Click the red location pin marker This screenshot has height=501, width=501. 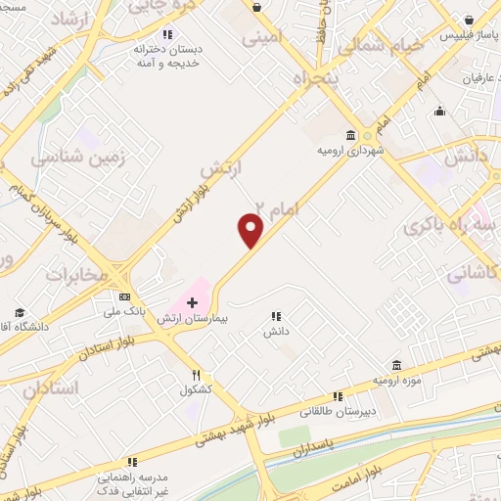pyautogui.click(x=251, y=230)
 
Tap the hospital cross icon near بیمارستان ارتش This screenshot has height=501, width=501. pyautogui.click(x=192, y=303)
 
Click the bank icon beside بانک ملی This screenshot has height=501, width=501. pyautogui.click(x=125, y=296)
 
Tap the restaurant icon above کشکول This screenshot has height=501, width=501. pyautogui.click(x=196, y=374)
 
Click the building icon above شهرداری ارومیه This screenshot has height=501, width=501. pyautogui.click(x=350, y=135)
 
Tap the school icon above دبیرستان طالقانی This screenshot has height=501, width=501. pyautogui.click(x=338, y=396)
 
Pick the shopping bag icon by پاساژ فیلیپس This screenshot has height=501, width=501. pyautogui.click(x=472, y=19)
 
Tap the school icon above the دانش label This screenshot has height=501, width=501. pyautogui.click(x=276, y=316)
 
